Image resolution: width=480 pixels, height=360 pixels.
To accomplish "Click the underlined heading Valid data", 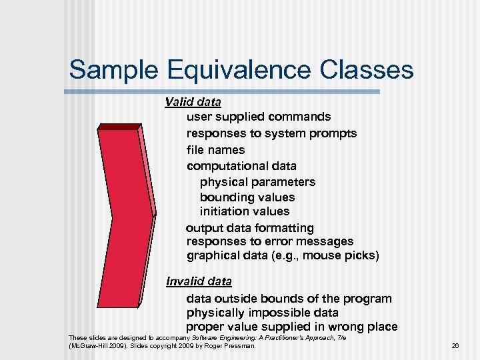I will point(193,102).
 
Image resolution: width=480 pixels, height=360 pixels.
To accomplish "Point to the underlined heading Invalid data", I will point(199,281).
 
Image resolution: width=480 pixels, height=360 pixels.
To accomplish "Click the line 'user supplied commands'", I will point(259,117).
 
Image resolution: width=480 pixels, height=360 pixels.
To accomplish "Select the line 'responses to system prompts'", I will point(271,133).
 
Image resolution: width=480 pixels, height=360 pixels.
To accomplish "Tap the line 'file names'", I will point(215,150).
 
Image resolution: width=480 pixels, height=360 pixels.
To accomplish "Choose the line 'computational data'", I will point(241,166).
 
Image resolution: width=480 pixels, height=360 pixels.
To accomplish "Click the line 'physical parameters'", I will point(257,182).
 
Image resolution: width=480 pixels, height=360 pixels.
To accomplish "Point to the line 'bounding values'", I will point(247,197).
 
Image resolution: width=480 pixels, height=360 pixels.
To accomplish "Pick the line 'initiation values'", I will point(245,211).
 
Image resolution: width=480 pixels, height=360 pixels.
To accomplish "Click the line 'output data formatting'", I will point(249,228).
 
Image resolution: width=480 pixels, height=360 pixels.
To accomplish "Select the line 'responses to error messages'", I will point(270,241).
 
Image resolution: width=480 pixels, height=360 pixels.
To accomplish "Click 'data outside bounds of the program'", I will point(289,299).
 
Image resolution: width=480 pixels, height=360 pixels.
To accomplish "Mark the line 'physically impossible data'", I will point(262,313).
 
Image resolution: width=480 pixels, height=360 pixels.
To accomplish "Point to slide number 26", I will point(456,346).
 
